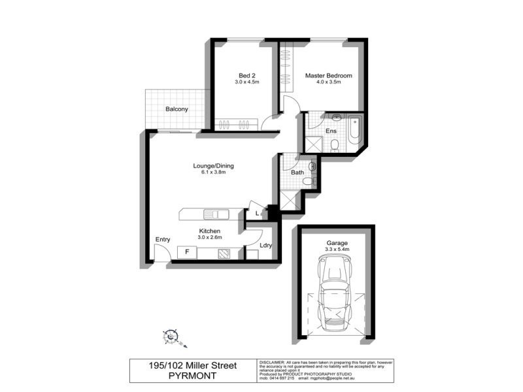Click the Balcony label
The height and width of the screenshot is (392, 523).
pos(177,109)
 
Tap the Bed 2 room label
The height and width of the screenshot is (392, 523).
pos(247,75)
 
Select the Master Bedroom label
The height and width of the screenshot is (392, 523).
pos(329,76)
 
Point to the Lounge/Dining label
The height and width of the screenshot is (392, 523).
pos(213,166)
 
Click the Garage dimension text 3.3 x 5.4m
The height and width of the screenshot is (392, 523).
pos(338,250)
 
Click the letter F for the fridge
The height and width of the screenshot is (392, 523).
pos(187,251)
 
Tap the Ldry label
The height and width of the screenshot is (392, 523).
pos(265,246)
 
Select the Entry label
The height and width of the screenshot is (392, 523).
pos(162,240)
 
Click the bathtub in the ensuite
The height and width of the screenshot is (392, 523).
pos(353,131)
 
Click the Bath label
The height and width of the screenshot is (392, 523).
pos(297,172)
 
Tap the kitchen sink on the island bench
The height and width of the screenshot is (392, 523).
pos(214,214)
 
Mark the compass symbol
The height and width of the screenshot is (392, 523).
pos(172,336)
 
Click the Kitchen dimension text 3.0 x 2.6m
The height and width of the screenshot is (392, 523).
pos(209,237)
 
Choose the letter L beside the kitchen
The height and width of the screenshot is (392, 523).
pos(258,212)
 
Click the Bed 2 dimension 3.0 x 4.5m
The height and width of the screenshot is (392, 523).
pos(247,82)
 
